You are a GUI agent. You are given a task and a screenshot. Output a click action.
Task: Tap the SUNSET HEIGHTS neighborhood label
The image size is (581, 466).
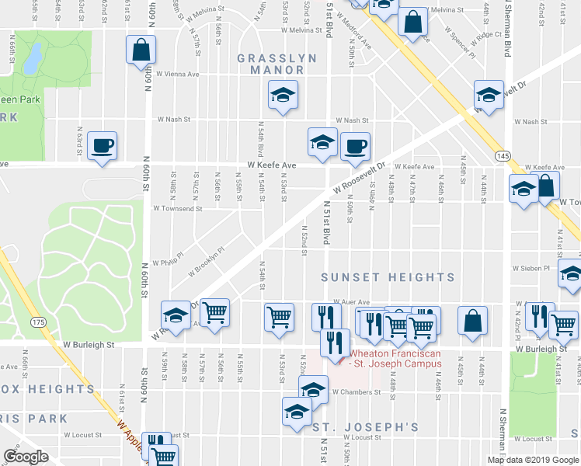(x=388, y=277)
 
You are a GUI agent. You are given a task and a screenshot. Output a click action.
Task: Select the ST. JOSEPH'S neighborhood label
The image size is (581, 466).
(x=365, y=427)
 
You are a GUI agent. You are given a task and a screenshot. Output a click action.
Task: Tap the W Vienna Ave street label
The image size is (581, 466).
(x=177, y=75)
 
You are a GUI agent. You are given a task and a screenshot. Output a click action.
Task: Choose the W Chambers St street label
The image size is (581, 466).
(x=357, y=392)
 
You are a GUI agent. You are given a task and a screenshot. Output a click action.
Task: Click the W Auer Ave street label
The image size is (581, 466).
(x=349, y=303)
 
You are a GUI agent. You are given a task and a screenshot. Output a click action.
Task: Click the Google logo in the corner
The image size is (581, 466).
(x=26, y=457)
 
